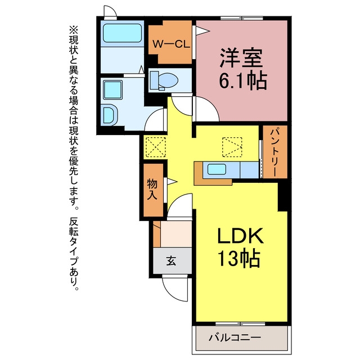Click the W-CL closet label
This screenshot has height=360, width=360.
coord(171,44)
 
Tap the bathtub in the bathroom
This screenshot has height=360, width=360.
coord(122,33)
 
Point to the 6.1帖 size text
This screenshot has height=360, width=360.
coord(243,80)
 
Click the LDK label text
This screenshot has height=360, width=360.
coord(240,235)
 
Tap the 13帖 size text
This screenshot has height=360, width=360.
coord(238,258)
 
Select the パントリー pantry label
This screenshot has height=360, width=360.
coord(274,151)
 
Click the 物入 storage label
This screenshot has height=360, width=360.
coord(152,189)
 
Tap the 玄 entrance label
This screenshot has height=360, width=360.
coord(171,260)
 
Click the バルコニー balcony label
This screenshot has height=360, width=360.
coord(235,337)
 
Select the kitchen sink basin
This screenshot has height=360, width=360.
coord(217,170)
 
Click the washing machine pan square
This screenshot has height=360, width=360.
coord(112,90)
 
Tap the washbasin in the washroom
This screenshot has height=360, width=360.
coord(110,115)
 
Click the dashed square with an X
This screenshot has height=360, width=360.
coord(156,147)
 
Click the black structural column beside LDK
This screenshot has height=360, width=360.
coord(283,197)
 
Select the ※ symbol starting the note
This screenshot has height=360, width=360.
coord(74,30)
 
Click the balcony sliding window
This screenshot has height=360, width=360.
coord(240,324)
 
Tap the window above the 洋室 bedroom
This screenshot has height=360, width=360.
coord(242,19)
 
